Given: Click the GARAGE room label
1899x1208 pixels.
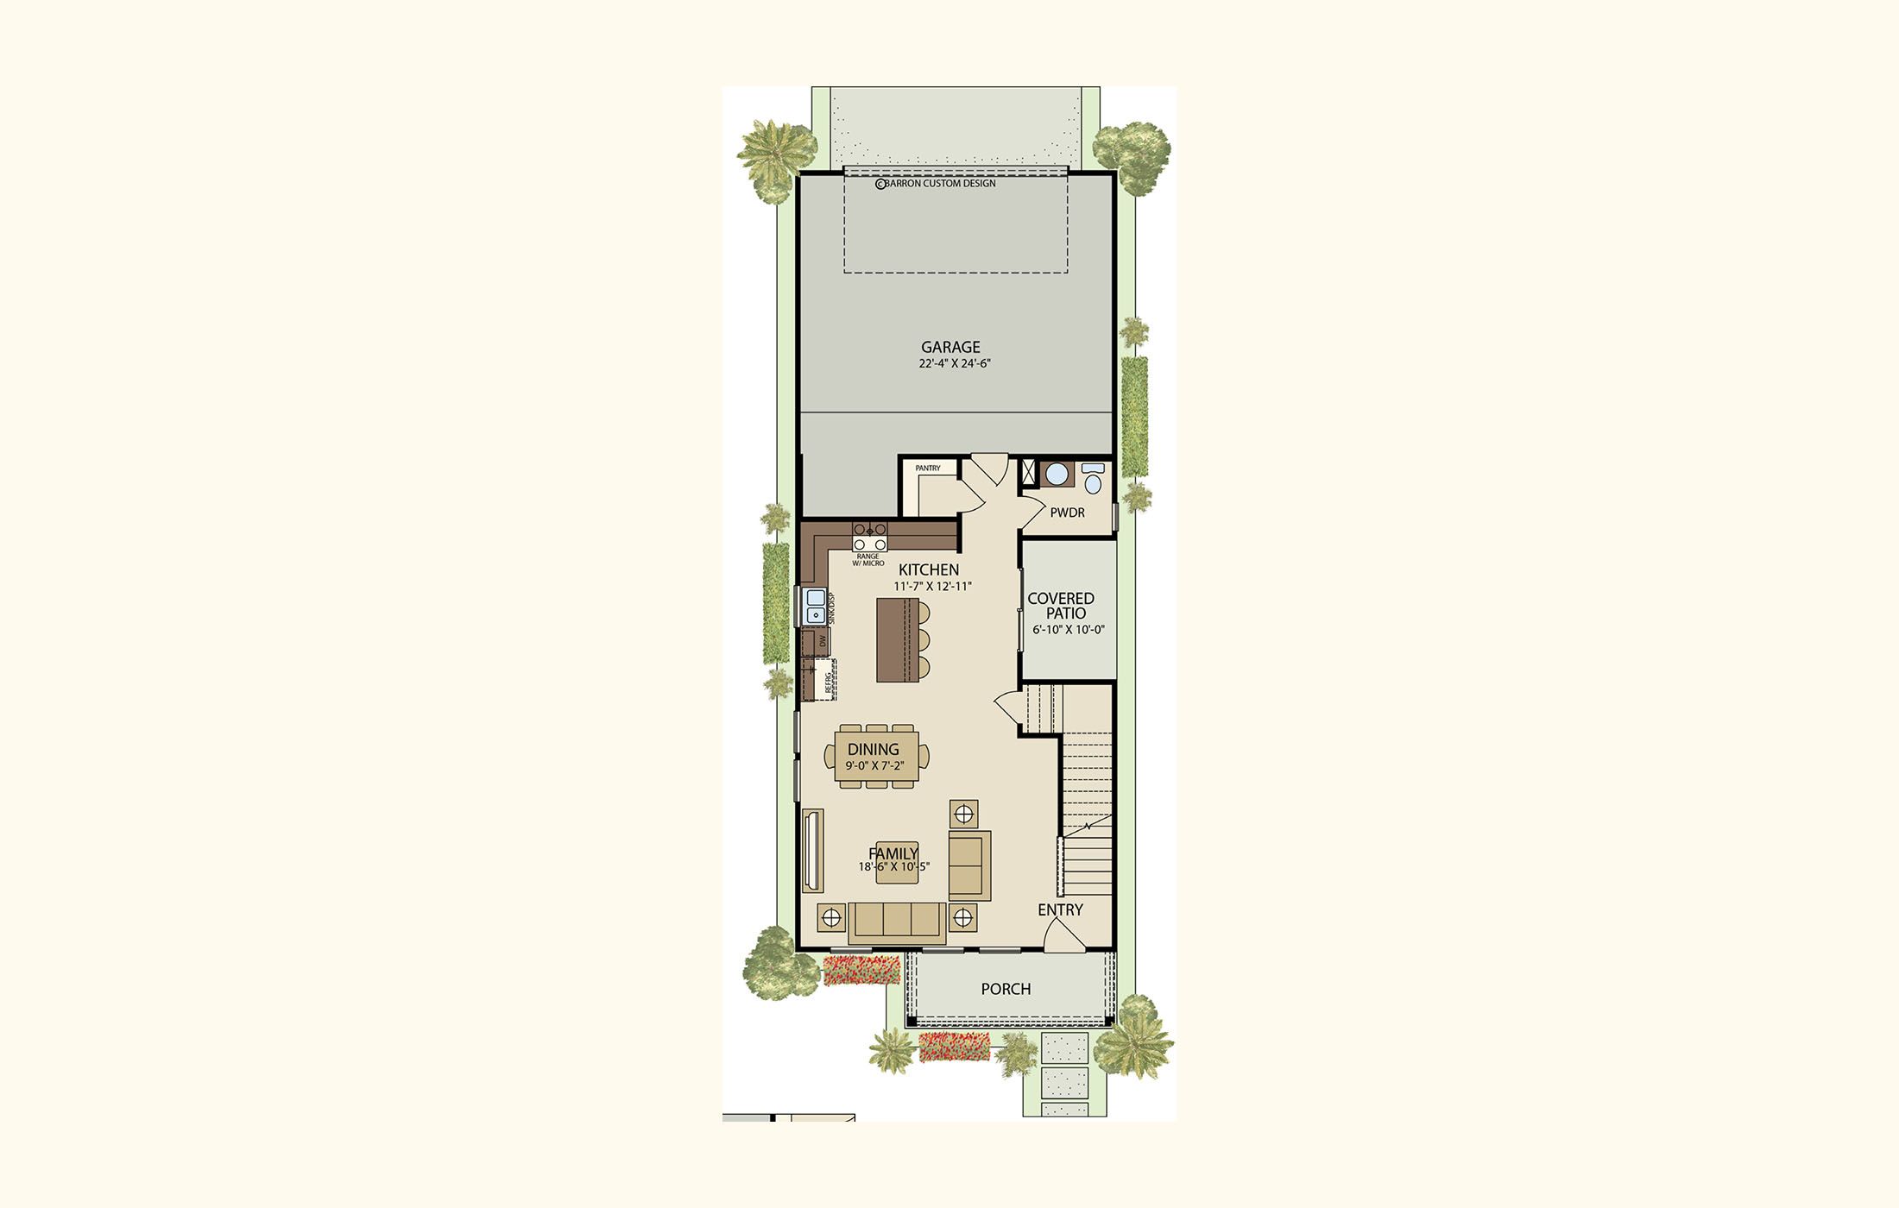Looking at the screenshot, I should [950, 348].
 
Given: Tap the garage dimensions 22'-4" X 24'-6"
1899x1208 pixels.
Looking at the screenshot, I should [954, 364].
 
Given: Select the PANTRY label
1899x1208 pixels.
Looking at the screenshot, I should [928, 469].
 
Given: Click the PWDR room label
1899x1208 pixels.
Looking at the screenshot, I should [1067, 513].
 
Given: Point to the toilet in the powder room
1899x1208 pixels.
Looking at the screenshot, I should [1093, 478].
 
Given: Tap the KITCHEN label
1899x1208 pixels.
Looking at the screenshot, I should [929, 569].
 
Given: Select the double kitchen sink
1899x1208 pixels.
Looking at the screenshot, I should [209, 606].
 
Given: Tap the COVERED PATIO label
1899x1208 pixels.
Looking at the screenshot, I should [1061, 606].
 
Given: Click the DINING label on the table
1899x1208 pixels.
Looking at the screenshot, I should [873, 750].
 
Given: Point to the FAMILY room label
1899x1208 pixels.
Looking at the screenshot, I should [893, 854].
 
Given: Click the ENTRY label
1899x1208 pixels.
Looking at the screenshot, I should [1060, 909].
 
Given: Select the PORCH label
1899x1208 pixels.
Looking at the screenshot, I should [1006, 989].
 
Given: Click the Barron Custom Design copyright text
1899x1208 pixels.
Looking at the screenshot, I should [936, 184].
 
